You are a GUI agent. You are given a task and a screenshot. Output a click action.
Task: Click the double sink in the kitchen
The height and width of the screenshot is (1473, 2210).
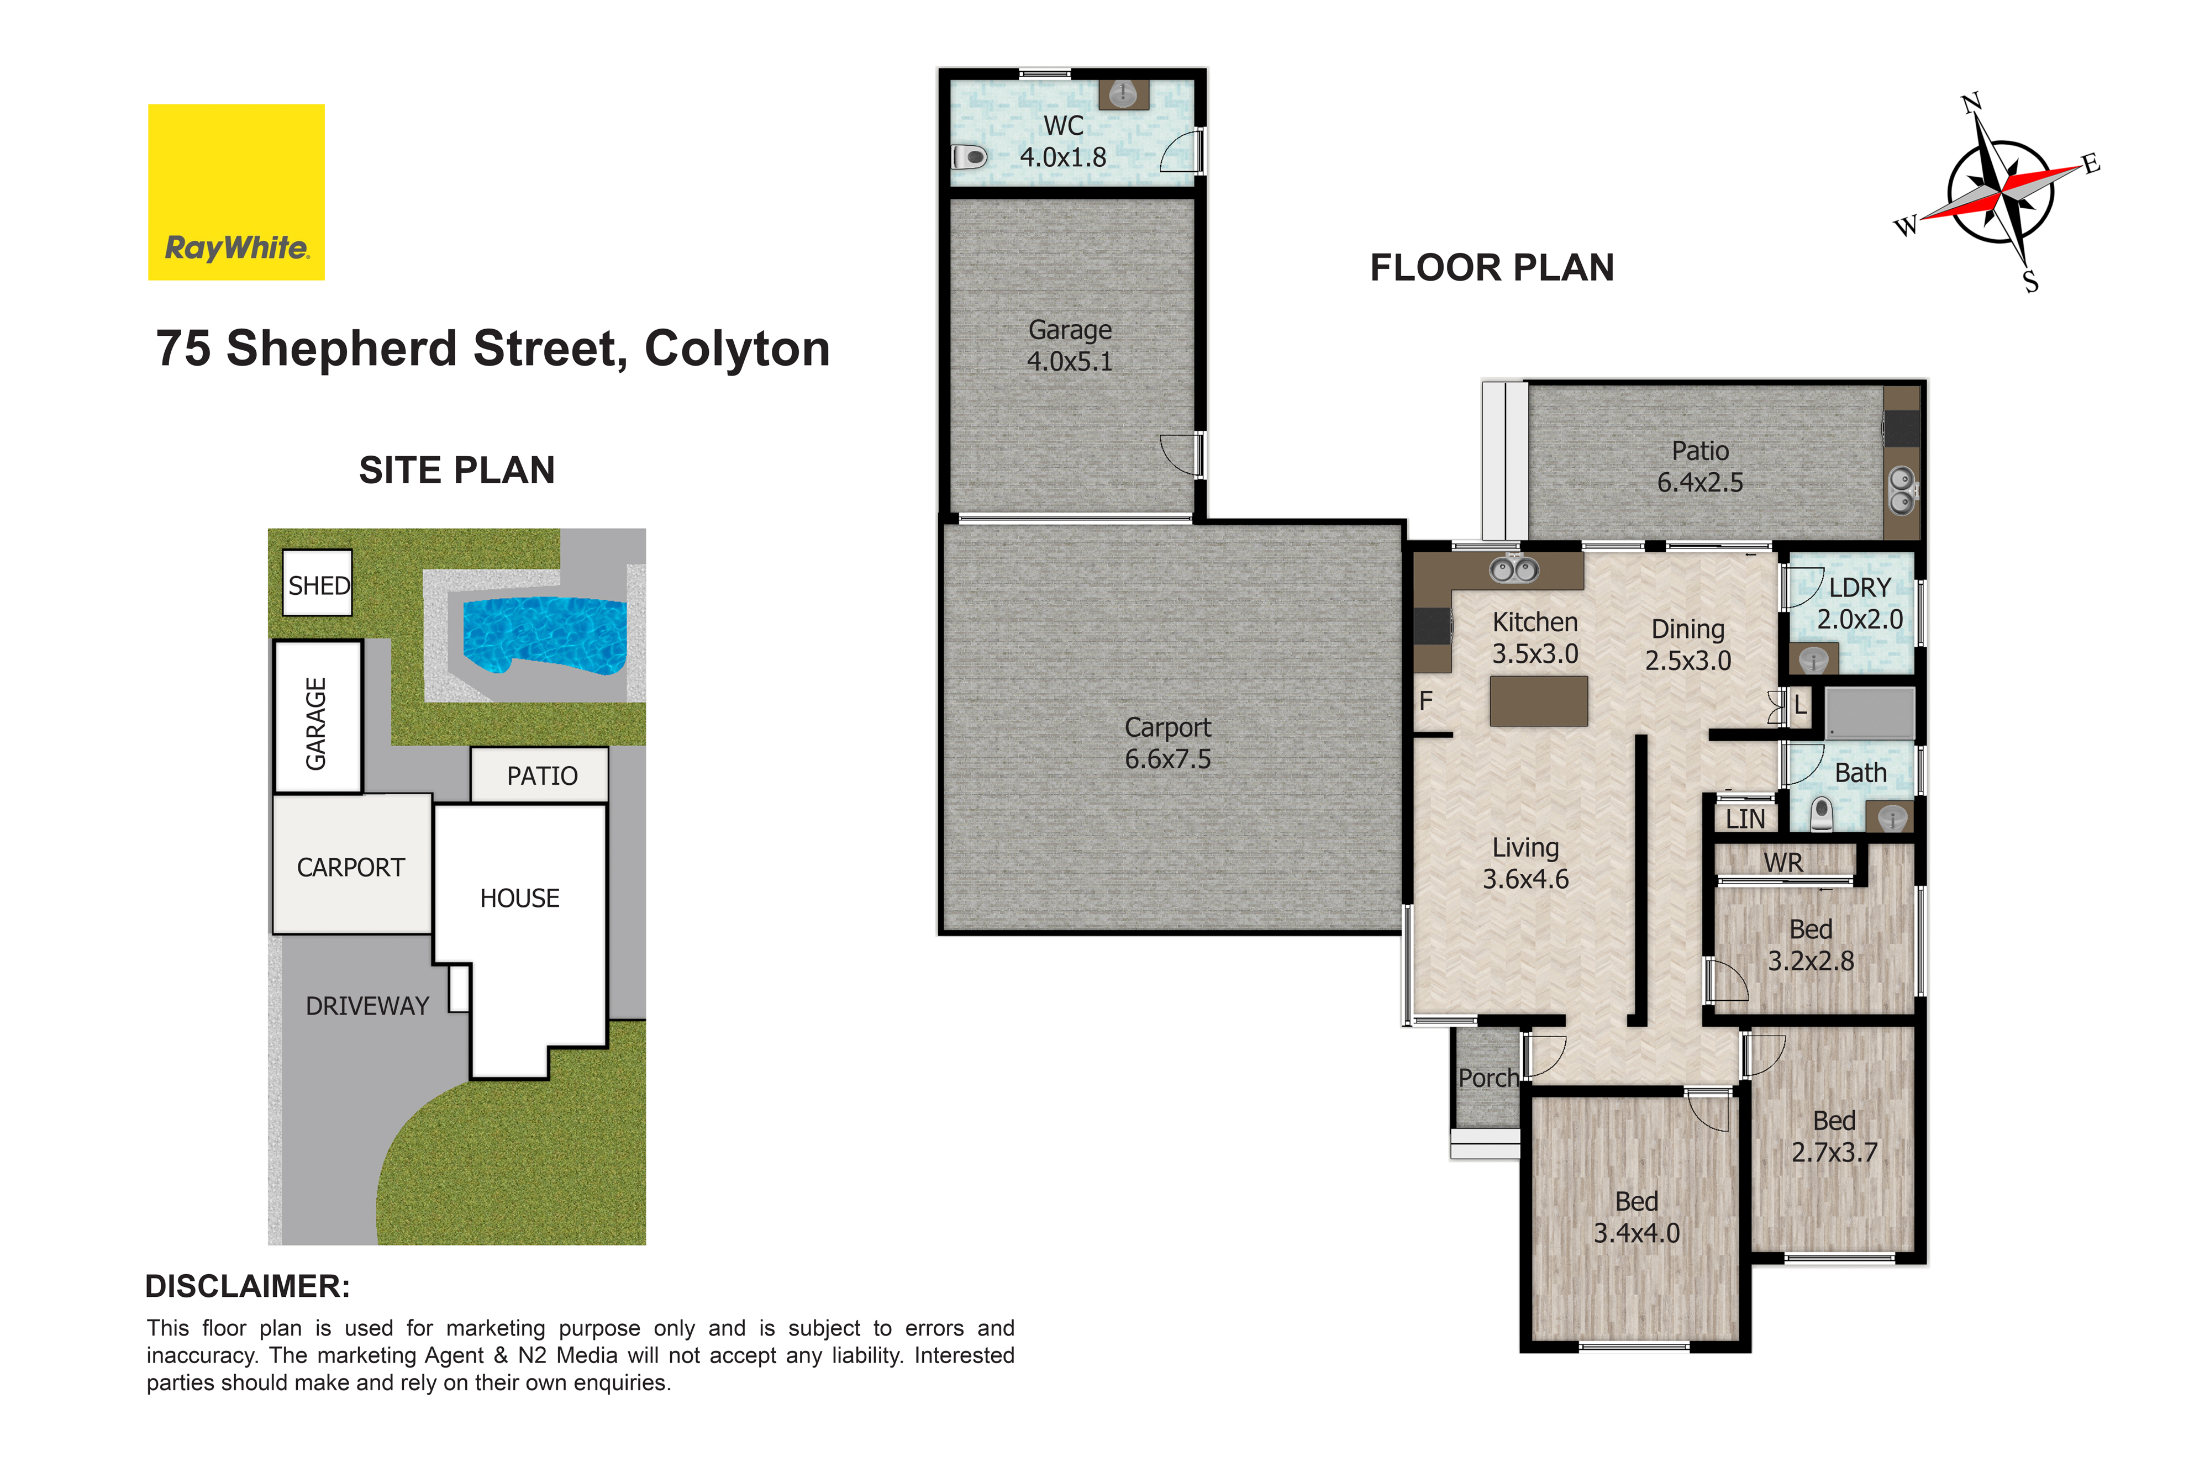tap(1514, 569)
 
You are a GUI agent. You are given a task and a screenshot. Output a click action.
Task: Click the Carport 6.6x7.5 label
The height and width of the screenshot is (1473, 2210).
tap(1168, 743)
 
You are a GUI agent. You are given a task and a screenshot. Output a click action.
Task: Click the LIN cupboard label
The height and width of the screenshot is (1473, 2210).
tap(1745, 819)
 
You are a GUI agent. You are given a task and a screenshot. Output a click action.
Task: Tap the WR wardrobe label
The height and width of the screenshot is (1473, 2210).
tap(1782, 862)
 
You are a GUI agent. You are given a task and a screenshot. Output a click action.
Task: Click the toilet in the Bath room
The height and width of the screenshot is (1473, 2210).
tap(1821, 814)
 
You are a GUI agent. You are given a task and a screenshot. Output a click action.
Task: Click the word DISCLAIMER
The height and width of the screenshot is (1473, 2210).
tap(247, 1286)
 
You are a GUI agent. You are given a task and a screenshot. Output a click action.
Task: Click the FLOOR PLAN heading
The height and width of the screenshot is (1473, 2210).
tap(1492, 268)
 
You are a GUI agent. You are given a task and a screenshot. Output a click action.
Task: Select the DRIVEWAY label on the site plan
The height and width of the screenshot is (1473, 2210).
tap(367, 1006)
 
